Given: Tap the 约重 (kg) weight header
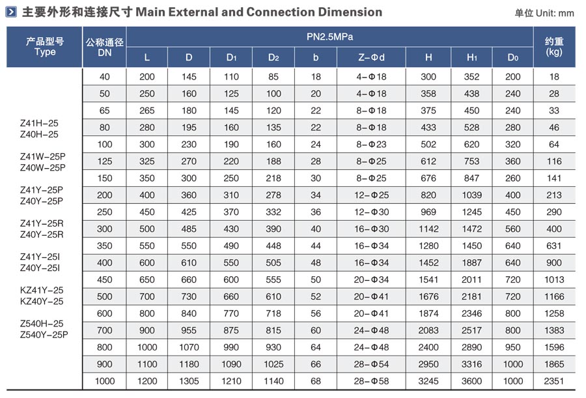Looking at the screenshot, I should point(554,47).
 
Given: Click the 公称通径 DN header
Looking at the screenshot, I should point(105,47).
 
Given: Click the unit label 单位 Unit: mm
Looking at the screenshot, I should point(544,12).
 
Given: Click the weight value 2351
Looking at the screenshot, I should point(554,381).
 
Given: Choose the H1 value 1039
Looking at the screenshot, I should point(472,195).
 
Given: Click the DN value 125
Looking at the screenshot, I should point(105,161).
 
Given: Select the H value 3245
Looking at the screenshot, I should point(428,381).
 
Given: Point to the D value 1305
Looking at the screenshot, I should point(189,381).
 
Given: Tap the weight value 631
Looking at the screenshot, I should point(554,246).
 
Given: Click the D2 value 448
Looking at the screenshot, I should point(273,246).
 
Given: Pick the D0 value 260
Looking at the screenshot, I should point(513,178).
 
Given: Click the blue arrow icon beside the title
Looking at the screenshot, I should point(11,12).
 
